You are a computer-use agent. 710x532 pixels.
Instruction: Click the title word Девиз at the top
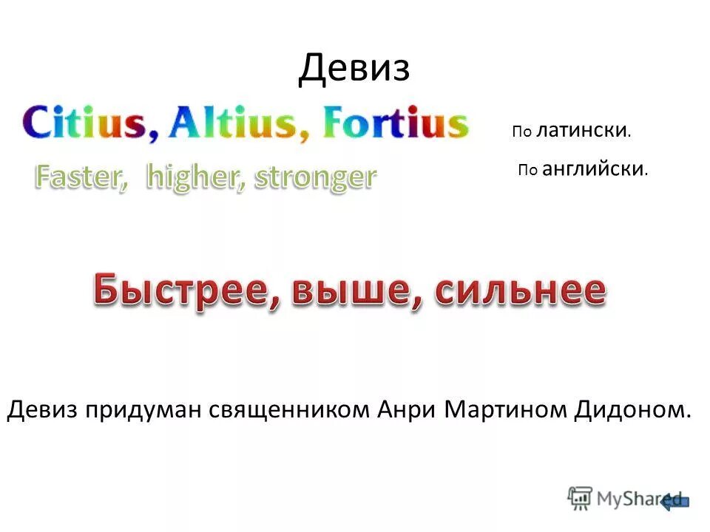[354, 69]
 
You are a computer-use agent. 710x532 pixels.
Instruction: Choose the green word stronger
[315, 177]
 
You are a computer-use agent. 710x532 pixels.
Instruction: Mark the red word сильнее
[520, 290]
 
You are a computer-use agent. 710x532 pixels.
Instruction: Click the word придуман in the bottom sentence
[146, 409]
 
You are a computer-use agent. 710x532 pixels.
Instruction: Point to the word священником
[288, 409]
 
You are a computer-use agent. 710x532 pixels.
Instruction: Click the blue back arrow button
[676, 501]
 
